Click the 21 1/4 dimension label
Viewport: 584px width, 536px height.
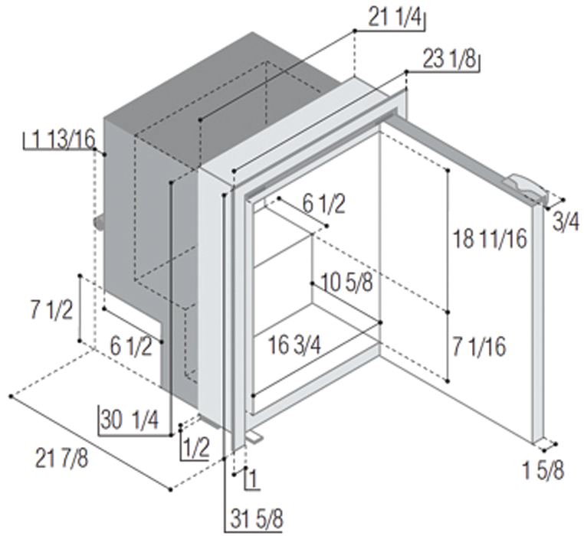tap(395, 17)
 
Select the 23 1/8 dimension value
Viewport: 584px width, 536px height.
tap(450, 59)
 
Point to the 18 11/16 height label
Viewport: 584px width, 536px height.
tap(490, 238)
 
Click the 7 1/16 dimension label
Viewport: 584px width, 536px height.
tap(479, 347)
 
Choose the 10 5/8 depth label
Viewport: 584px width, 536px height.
tap(346, 283)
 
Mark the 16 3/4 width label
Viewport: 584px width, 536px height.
tap(294, 345)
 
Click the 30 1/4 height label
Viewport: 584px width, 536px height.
tap(130, 420)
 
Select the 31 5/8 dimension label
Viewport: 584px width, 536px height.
tap(257, 518)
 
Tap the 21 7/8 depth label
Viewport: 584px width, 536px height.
tap(62, 458)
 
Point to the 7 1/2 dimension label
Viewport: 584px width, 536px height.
tap(51, 309)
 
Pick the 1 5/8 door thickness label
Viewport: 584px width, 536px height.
tap(543, 469)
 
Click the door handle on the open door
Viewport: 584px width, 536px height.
tap(526, 188)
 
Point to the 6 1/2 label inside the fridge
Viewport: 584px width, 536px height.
tap(323, 204)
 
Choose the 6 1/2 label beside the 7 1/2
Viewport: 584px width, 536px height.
tap(131, 347)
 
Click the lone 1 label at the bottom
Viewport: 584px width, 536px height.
tap(252, 479)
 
